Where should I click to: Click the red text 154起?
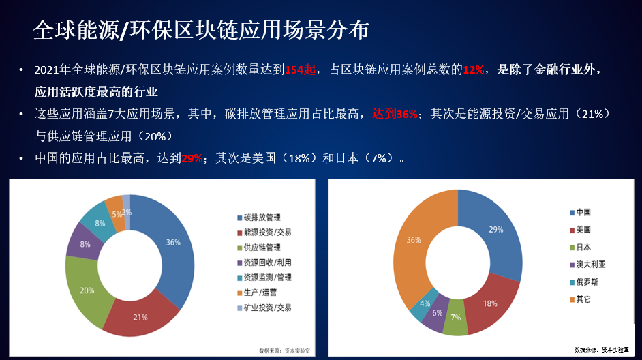pos(300,70)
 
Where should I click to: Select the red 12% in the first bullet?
pos(474,70)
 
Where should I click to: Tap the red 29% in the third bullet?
pos(192,157)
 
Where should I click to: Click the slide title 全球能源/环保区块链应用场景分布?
pos(201,30)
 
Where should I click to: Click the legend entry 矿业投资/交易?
pos(266,307)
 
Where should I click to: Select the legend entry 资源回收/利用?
pos(266,262)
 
